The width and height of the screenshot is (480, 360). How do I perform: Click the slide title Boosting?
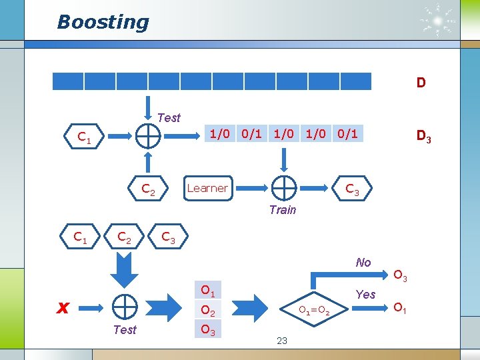click(x=103, y=22)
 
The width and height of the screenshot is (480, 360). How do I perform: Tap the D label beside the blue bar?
click(x=421, y=83)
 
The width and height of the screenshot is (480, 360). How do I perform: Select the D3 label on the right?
click(x=423, y=137)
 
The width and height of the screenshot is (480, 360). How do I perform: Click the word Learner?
click(x=207, y=188)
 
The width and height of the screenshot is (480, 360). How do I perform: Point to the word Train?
click(x=282, y=210)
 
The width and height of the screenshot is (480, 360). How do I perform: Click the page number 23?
click(x=281, y=341)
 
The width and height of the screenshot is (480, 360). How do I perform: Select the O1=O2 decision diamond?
click(x=313, y=310)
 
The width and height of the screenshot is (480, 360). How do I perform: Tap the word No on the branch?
click(x=363, y=263)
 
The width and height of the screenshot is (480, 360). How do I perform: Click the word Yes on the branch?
click(x=365, y=294)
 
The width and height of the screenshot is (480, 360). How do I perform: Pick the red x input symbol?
click(x=63, y=307)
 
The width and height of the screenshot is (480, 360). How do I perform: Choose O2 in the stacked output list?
click(x=207, y=310)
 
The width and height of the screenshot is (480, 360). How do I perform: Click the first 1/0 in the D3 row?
click(x=219, y=134)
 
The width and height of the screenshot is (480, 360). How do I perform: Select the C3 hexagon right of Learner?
click(x=352, y=191)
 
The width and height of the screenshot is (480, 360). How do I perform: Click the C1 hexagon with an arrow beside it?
click(x=85, y=138)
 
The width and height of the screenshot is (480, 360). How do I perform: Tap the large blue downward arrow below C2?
click(x=124, y=268)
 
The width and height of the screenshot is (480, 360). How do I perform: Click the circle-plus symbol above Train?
click(x=284, y=188)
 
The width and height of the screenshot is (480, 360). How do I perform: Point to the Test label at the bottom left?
click(x=125, y=329)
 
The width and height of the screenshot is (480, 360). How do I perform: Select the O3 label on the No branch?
click(x=401, y=275)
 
